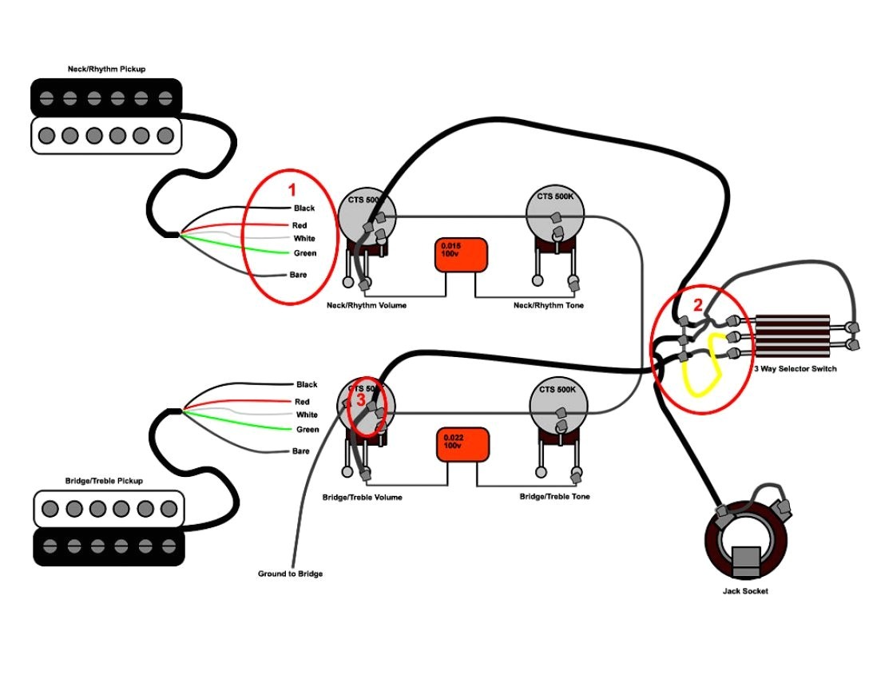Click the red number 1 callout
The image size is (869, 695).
click(292, 190)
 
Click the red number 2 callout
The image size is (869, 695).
click(697, 304)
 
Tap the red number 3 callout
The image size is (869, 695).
click(361, 399)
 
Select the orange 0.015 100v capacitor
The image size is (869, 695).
click(461, 255)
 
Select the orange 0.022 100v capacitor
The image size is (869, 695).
click(462, 445)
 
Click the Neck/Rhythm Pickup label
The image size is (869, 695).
click(106, 69)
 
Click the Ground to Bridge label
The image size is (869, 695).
click(290, 574)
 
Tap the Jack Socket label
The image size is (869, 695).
click(745, 591)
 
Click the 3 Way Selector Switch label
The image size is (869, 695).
click(795, 369)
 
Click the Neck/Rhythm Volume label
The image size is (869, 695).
click(367, 305)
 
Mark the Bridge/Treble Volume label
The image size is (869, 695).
click(362, 497)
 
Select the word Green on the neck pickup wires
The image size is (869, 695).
click(305, 253)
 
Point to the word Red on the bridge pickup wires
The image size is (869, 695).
click(302, 402)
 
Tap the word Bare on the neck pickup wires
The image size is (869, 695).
click(298, 274)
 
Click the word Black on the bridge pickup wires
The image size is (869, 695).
click(307, 384)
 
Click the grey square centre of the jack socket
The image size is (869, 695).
click(745, 561)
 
